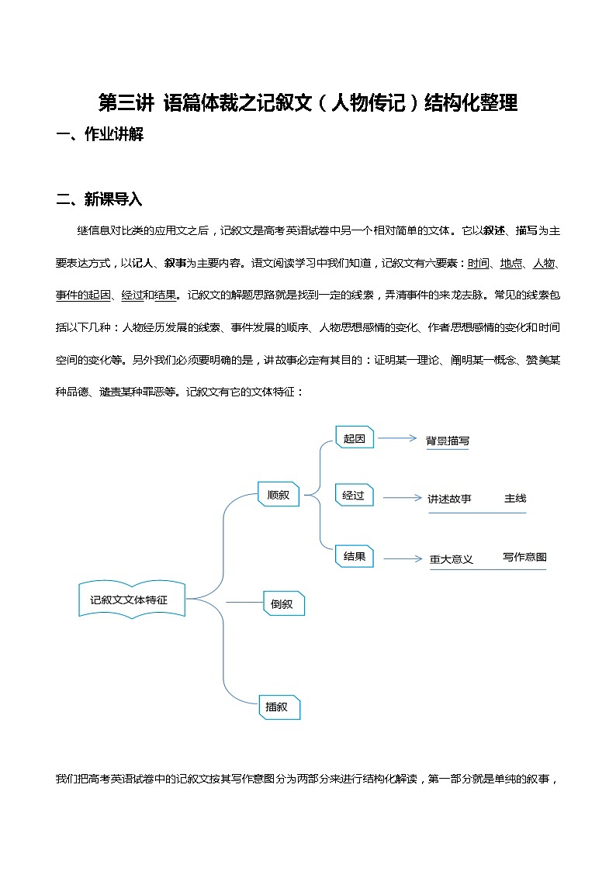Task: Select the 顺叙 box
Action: point(279,494)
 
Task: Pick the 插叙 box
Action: point(279,707)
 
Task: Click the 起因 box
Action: point(355,438)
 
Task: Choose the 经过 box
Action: point(355,495)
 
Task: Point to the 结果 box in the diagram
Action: point(355,556)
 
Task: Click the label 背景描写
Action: point(448,441)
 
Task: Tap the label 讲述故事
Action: point(450,498)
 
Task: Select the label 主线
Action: point(515,498)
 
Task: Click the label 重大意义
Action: point(452,558)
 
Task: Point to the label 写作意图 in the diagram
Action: point(524,557)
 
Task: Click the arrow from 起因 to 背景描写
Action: point(397,438)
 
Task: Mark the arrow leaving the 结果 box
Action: point(402,558)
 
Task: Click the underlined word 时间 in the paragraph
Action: point(479,263)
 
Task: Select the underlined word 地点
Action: point(511,263)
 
